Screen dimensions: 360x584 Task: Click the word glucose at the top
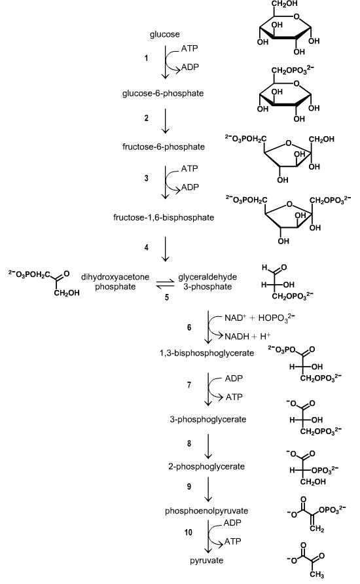pyautogui.click(x=164, y=35)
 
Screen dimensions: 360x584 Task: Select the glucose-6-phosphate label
pyautogui.click(x=163, y=94)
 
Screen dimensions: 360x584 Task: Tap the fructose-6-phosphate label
pyautogui.click(x=164, y=147)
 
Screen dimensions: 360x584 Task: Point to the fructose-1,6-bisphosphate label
pyautogui.click(x=164, y=217)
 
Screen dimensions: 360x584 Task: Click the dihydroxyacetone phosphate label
pyautogui.click(x=115, y=282)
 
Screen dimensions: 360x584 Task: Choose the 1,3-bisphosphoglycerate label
pyautogui.click(x=207, y=353)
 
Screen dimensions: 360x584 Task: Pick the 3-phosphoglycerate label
pyautogui.click(x=208, y=420)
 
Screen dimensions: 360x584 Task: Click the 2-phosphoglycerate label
pyautogui.click(x=206, y=467)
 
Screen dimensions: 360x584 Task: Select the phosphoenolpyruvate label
pyautogui.click(x=207, y=511)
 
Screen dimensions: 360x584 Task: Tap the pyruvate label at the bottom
pyautogui.click(x=207, y=560)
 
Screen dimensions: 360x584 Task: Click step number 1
pyautogui.click(x=147, y=58)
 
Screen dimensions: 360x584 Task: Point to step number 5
pyautogui.click(x=167, y=298)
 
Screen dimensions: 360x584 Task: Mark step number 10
pyautogui.click(x=189, y=532)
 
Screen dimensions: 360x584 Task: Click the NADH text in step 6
pyautogui.click(x=237, y=337)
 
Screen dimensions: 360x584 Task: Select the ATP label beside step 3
pyautogui.click(x=190, y=169)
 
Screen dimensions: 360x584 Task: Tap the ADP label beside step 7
pyautogui.click(x=234, y=378)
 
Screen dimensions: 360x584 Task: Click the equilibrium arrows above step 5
pyautogui.click(x=166, y=283)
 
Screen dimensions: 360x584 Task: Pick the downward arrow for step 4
pyautogui.click(x=166, y=249)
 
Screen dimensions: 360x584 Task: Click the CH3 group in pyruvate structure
pyautogui.click(x=316, y=575)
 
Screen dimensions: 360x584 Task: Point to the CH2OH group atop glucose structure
pyautogui.click(x=285, y=4)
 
